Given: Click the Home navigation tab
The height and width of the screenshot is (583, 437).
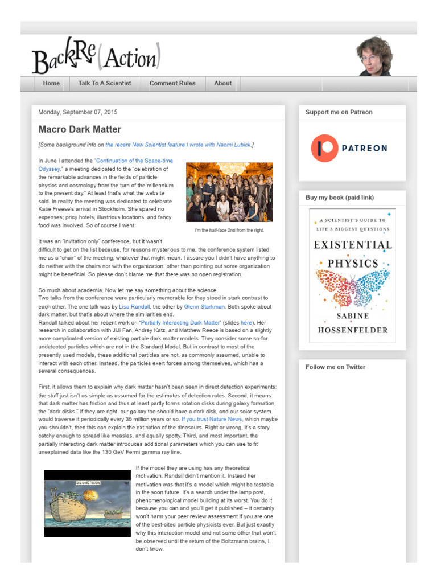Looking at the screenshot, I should click(x=51, y=83).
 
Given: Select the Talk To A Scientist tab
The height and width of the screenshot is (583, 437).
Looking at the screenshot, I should click(x=105, y=83).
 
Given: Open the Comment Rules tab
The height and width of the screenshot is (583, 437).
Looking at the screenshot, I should click(x=172, y=83).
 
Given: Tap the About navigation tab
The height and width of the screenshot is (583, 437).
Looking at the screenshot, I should click(x=222, y=83).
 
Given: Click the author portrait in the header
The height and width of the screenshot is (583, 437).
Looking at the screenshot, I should click(x=375, y=56).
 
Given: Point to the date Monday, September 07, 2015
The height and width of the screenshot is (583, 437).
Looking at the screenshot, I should click(x=78, y=112).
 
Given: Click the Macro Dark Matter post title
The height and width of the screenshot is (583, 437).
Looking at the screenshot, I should click(x=80, y=129).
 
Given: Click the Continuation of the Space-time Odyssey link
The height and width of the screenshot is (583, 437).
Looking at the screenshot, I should click(x=134, y=161).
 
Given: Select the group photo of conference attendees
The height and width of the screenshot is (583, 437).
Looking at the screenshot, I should click(x=229, y=192).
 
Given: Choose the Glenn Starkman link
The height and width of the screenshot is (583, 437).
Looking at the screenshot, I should click(x=204, y=306).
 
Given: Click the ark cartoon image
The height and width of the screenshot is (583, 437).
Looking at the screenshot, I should click(x=88, y=503).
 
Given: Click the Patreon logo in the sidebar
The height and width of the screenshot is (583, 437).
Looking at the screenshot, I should click(x=349, y=148).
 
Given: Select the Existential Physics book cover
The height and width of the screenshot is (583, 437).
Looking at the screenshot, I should click(x=352, y=276).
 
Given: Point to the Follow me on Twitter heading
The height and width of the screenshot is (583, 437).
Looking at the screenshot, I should click(x=335, y=367).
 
